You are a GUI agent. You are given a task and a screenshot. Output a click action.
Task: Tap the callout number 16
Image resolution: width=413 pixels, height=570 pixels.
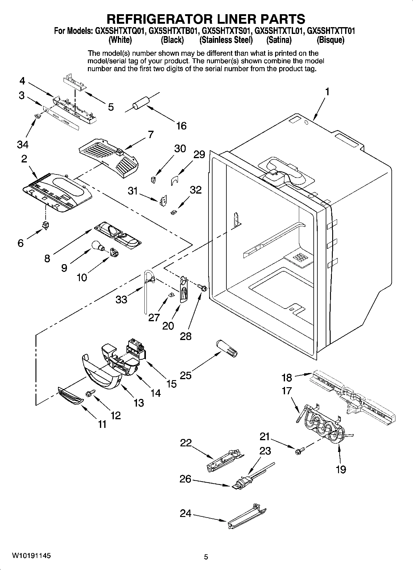point(181,126)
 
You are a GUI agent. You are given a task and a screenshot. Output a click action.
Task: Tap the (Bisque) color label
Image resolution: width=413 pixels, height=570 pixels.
point(330,40)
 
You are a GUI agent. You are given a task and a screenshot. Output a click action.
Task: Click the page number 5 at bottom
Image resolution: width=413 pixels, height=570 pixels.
point(206,557)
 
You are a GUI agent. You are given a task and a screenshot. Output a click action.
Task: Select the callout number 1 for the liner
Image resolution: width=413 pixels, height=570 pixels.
point(327,92)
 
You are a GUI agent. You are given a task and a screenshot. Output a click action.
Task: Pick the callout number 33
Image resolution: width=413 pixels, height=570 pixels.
point(121,299)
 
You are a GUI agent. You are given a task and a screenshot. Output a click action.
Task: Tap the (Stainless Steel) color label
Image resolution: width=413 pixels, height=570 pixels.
point(226,40)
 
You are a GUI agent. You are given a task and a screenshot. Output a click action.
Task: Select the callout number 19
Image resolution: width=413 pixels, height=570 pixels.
point(341,470)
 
